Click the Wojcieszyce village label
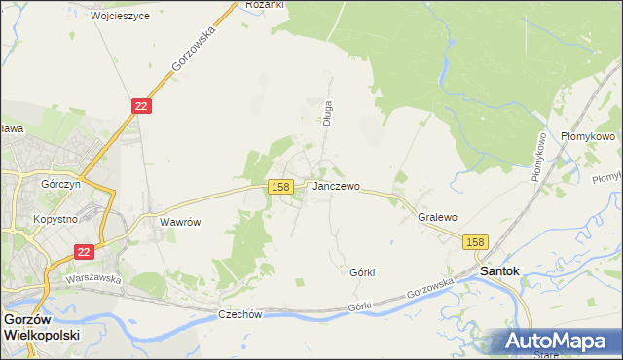click(x=120, y=17)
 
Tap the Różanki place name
click(x=264, y=5)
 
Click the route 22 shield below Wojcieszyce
click(x=141, y=106)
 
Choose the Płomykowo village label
click(x=589, y=137)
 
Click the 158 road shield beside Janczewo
click(x=281, y=186)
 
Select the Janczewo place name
click(x=336, y=186)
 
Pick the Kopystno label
click(x=55, y=220)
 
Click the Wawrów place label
click(x=180, y=222)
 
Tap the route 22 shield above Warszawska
click(x=83, y=251)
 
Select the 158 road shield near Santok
click(x=474, y=241)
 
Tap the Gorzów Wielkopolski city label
click(x=41, y=326)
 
